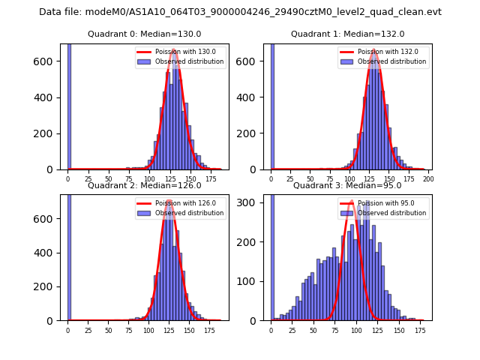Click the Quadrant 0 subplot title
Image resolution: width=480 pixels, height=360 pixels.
pyautogui.click(x=144, y=34)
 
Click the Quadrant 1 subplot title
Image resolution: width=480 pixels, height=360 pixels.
pyautogui.click(x=347, y=34)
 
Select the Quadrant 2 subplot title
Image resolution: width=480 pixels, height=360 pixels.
pyautogui.click(x=144, y=185)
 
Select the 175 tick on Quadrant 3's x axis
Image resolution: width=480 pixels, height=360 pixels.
pyautogui.click(x=420, y=331)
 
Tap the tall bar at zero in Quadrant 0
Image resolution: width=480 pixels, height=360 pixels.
pyautogui.click(x=69, y=105)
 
